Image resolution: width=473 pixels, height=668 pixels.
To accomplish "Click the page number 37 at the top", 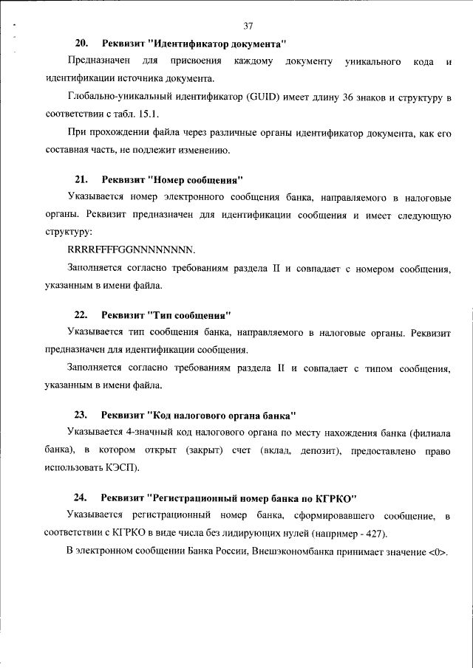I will click(x=248, y=27).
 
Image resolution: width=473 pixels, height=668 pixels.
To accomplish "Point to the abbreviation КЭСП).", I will click(x=122, y=468).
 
